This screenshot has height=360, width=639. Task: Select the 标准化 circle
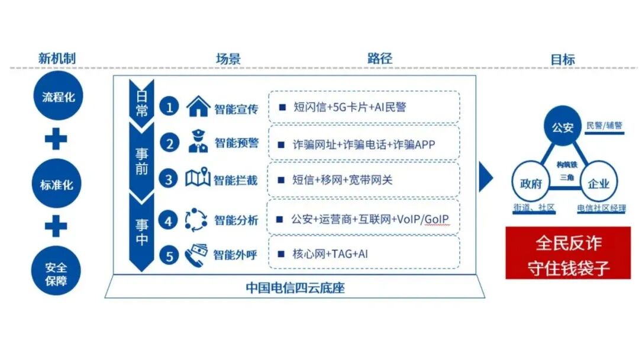(x=57, y=185)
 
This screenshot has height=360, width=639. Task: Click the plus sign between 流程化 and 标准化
(x=57, y=140)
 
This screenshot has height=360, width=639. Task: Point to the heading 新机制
(x=57, y=59)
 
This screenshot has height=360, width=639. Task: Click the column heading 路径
(x=379, y=58)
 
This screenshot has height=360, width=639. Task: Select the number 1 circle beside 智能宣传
(x=170, y=107)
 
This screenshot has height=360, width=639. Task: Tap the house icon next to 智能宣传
(x=198, y=107)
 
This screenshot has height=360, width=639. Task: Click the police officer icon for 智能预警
(x=198, y=143)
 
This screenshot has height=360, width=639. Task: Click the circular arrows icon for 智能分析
(x=196, y=220)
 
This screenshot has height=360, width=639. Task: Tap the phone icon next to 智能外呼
(x=196, y=255)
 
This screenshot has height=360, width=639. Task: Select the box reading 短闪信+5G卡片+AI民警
(x=364, y=107)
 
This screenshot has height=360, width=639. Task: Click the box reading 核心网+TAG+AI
(x=364, y=255)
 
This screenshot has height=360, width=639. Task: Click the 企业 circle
(x=598, y=183)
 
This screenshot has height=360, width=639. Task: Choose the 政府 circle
(x=531, y=183)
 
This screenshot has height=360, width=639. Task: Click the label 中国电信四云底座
(x=295, y=289)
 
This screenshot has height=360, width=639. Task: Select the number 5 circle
(x=170, y=256)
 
